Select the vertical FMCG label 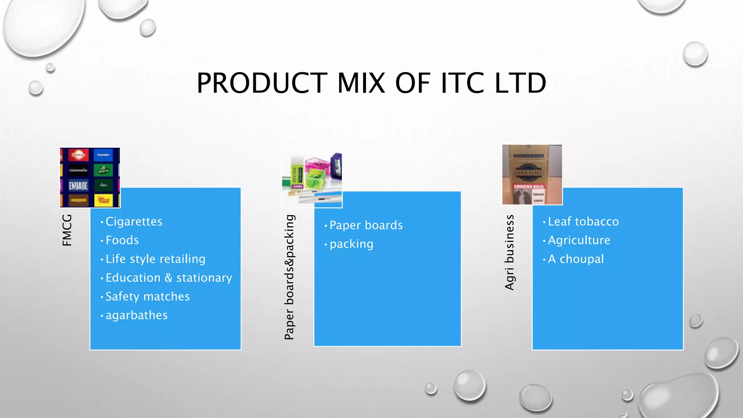point(67,230)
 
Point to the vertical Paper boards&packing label point(290,277)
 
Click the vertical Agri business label point(510,253)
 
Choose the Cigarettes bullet point(134,221)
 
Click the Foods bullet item point(122,240)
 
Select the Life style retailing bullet point(155,259)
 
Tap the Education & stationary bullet point(169,278)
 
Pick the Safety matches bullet point(148,296)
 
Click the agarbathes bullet point(136,315)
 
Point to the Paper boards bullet point(366,225)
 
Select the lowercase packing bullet point(351,244)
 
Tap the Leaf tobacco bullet point(583,221)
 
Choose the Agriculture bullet point(579,240)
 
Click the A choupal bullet point(576,259)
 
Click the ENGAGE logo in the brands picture point(78,186)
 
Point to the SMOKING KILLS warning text point(529,187)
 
